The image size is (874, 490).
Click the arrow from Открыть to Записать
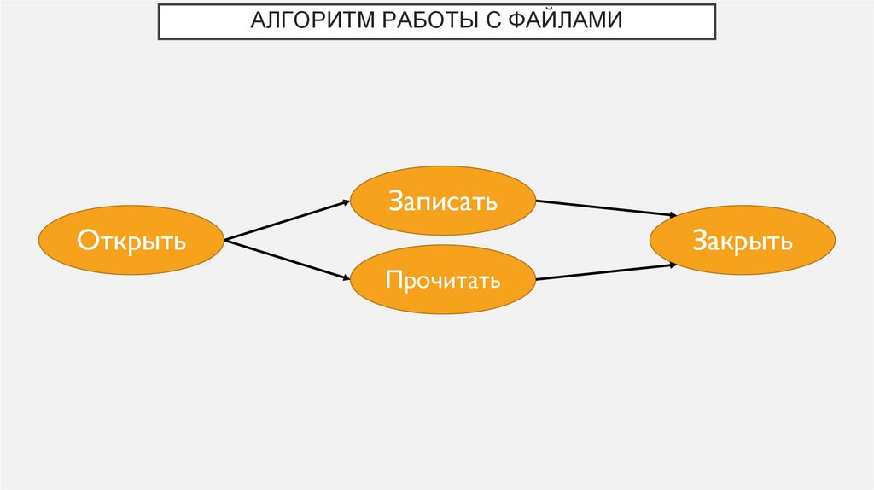tap(285, 221)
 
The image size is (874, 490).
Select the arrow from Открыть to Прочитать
tap(285, 260)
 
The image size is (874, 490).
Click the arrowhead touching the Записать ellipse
tap(345, 202)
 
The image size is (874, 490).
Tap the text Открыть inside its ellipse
tap(131, 241)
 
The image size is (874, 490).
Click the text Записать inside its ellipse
tap(442, 202)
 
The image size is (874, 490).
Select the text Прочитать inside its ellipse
tap(442, 280)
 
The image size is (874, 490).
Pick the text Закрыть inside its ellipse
tap(743, 242)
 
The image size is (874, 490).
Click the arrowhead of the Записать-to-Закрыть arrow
tap(673, 216)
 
